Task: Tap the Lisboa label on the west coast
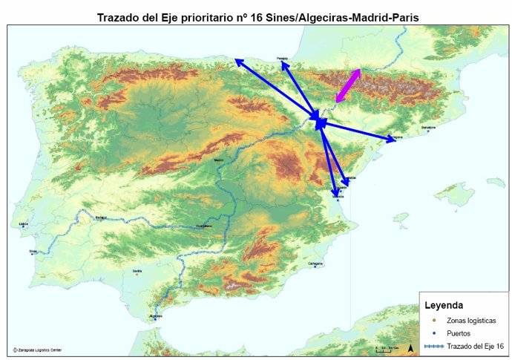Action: point(23,223)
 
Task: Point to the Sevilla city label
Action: point(137,271)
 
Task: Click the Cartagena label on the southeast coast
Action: point(315,263)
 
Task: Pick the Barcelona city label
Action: point(428,128)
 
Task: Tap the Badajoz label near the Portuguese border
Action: point(101,217)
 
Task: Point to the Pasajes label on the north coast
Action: point(282,57)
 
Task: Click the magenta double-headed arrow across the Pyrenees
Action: point(348,85)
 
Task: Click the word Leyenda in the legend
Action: point(444,305)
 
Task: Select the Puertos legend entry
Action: point(459,333)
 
